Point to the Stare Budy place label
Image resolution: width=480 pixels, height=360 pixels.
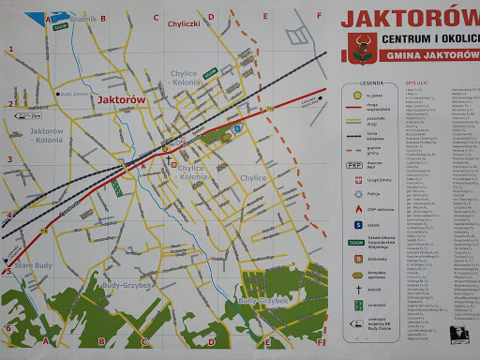33,268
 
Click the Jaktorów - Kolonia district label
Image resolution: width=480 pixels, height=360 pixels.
46,137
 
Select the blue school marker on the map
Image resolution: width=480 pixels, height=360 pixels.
237,127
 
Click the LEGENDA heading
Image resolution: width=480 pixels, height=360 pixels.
359,83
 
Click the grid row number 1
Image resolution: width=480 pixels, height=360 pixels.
9,48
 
